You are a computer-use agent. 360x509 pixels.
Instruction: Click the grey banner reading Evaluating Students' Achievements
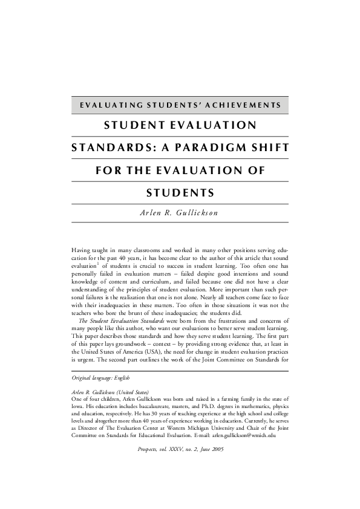(180, 105)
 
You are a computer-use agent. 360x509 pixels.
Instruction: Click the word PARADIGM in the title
(211, 148)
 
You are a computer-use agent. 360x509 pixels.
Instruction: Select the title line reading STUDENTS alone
(180, 193)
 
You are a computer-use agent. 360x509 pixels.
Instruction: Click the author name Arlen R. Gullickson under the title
(180, 213)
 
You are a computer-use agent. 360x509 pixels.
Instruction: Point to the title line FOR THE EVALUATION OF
(180, 170)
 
